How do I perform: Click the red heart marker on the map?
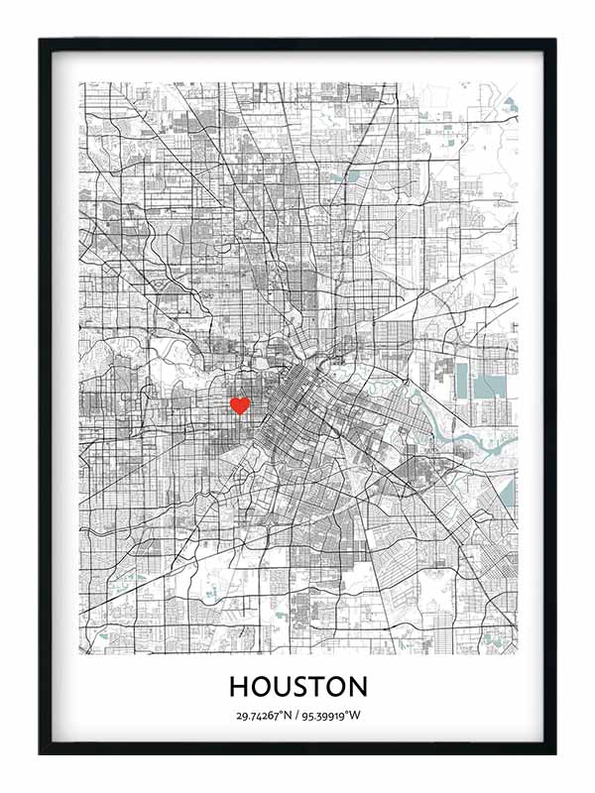[239, 404]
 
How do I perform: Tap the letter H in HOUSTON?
[239, 686]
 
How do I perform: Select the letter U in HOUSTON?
[285, 686]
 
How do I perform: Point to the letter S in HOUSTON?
[305, 686]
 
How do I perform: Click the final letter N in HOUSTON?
[357, 686]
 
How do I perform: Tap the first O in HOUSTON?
[261, 686]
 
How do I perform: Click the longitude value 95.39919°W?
[330, 716]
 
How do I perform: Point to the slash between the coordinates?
[297, 716]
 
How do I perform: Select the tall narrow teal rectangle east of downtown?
[460, 382]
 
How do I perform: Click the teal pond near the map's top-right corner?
[510, 102]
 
